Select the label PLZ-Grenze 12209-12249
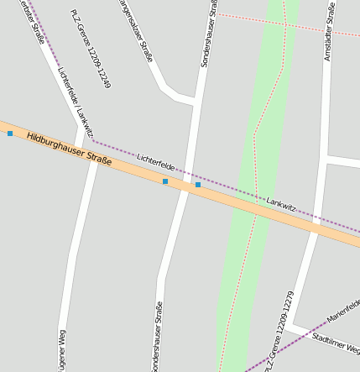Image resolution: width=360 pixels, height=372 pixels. tap(91, 50)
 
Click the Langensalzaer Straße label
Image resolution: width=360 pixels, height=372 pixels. tap(137, 31)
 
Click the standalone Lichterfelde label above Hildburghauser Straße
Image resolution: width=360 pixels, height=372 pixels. tap(155, 158)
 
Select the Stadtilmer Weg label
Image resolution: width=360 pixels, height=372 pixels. tap(336, 344)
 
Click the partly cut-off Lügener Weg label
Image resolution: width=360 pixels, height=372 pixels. tap(60, 351)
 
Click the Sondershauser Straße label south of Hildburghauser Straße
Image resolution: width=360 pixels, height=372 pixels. tap(157, 336)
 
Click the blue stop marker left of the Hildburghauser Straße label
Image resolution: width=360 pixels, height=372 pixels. tap(10, 133)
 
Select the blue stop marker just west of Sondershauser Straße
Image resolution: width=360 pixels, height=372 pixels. tap(165, 181)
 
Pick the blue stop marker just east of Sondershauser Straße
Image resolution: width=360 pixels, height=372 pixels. tap(198, 185)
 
